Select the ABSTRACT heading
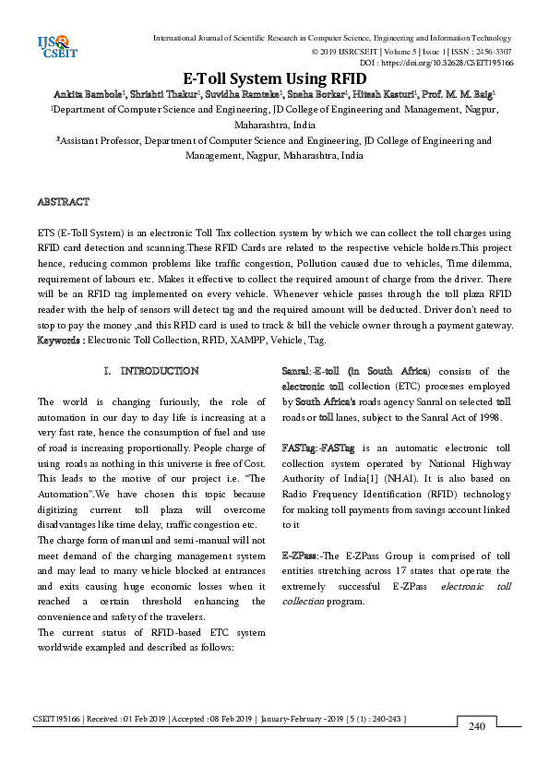point(63,201)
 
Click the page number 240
point(477,726)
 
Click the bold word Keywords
point(59,340)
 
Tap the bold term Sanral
point(295,371)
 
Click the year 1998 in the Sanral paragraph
point(485,417)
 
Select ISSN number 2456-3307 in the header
point(491,51)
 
